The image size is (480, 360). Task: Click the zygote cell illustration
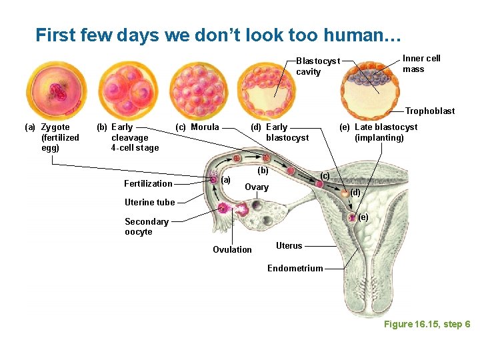pos(57,90)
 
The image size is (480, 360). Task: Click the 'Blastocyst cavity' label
pos(318,66)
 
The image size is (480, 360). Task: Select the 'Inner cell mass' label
pos(421,63)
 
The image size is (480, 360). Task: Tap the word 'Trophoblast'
pos(430,111)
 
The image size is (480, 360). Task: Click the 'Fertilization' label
pos(148,183)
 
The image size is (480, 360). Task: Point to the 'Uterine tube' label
pos(149,202)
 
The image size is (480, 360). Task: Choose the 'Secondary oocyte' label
pos(146,227)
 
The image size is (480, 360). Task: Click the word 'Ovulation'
pos(232,249)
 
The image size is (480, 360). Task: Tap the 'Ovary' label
pos(257,187)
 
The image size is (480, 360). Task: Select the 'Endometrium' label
pos(295,268)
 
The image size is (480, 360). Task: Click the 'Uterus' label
pos(289,245)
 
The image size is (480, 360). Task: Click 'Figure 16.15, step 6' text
pos(427,324)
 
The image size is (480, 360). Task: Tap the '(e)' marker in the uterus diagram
pos(363,217)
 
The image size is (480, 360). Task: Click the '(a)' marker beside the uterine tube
pos(226,179)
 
